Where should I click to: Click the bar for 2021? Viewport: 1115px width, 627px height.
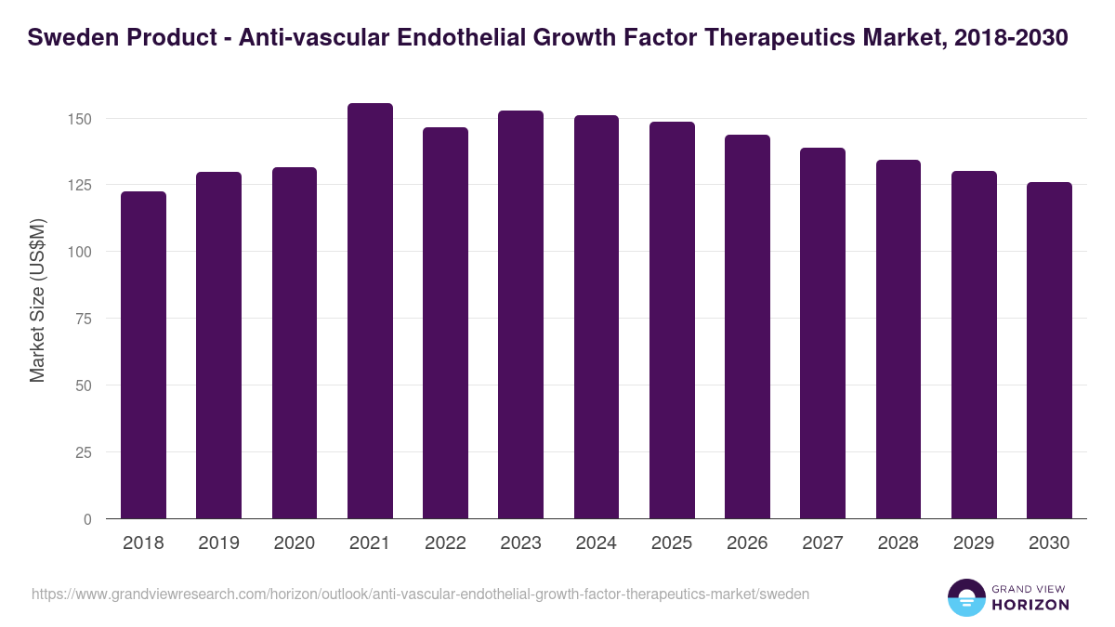(x=370, y=311)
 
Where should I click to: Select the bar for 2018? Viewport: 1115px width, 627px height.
(x=143, y=355)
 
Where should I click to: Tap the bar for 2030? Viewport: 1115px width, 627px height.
(x=1049, y=350)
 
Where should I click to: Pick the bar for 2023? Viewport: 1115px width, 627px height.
(x=520, y=315)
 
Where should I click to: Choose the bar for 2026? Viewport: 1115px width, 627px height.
(x=747, y=327)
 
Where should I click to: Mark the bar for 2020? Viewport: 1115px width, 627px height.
(x=295, y=343)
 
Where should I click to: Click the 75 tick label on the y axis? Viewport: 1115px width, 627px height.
(x=85, y=319)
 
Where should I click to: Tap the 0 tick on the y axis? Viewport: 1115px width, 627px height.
(x=88, y=519)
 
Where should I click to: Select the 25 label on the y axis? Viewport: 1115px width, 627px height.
(x=85, y=452)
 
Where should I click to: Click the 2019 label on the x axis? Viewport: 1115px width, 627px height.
(x=218, y=543)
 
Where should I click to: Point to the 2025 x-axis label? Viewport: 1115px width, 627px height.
(x=672, y=543)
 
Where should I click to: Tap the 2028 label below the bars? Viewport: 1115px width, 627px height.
(x=899, y=543)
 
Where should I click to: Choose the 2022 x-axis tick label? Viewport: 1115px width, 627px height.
(x=445, y=543)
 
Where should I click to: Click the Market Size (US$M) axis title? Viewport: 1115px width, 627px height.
(x=37, y=299)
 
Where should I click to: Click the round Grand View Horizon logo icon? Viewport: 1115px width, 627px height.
(x=965, y=597)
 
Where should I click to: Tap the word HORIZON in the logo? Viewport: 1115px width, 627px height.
(x=1031, y=605)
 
